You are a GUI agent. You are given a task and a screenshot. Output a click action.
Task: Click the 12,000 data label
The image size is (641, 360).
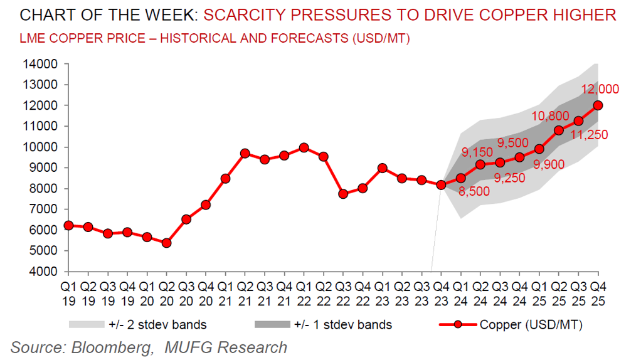point(600,90)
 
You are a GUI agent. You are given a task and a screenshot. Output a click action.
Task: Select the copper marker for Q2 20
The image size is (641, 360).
point(167,243)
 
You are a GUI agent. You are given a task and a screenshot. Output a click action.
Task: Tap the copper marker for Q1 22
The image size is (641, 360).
point(304,147)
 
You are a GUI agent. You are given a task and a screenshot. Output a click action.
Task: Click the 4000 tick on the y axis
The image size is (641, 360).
point(43,272)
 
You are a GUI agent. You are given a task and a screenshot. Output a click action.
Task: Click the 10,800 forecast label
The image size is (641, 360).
point(550,116)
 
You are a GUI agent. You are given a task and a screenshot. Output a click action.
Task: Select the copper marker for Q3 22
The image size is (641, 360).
point(343,194)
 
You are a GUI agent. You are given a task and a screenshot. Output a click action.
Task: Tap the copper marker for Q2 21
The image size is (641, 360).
point(245,153)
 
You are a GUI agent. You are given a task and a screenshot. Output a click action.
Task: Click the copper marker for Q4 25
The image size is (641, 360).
point(598,105)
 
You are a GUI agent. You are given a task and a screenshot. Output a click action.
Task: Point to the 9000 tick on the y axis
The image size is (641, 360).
point(43,167)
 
